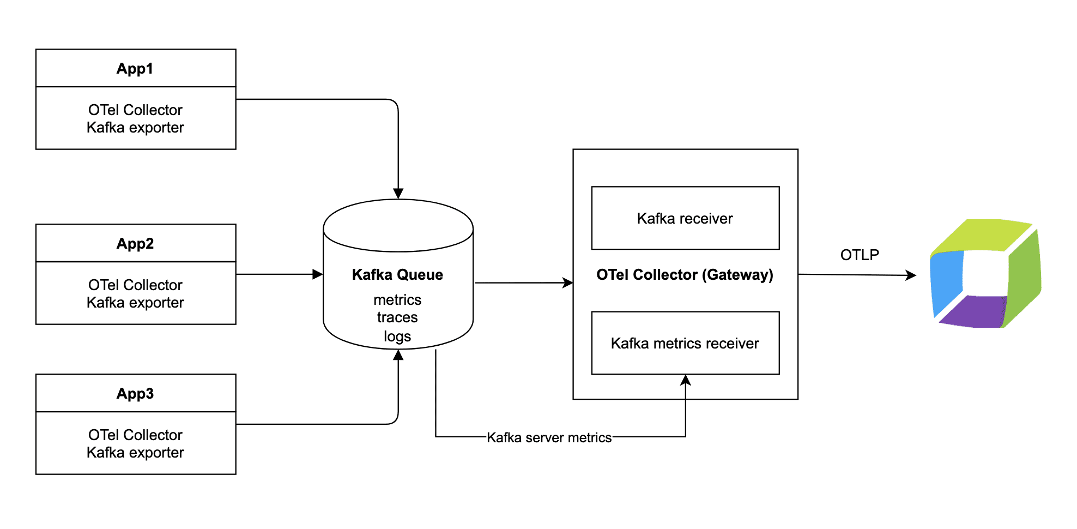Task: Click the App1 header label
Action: click(135, 69)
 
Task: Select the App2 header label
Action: click(135, 243)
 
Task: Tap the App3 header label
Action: click(135, 393)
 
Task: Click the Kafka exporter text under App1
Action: click(135, 128)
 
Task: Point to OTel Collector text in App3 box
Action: click(135, 435)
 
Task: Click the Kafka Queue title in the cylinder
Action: click(397, 274)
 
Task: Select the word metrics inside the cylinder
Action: click(397, 300)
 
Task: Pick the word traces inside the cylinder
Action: click(397, 317)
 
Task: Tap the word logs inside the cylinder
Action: click(397, 336)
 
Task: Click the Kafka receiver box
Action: click(685, 218)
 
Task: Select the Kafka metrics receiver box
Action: click(685, 343)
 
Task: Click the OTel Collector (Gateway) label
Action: click(685, 274)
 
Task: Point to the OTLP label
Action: click(860, 255)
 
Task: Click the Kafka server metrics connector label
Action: click(549, 437)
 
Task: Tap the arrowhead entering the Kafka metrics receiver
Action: click(686, 380)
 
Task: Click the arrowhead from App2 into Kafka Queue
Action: click(318, 274)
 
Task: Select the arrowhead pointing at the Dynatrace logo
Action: click(911, 275)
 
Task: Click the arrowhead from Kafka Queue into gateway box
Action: click(568, 282)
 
